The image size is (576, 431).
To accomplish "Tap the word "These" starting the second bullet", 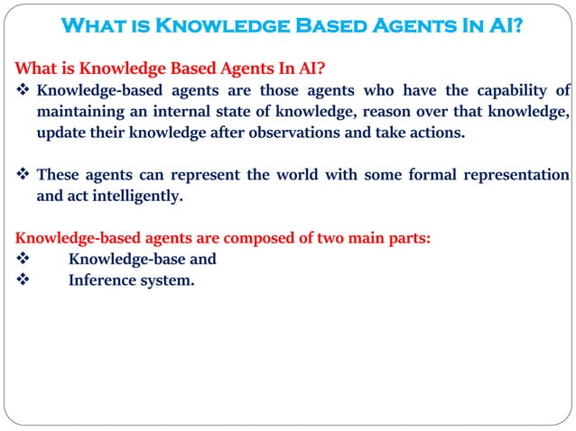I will point(59,174).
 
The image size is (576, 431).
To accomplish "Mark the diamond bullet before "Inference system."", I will point(23,280).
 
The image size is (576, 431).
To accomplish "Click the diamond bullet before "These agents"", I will point(23,174).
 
